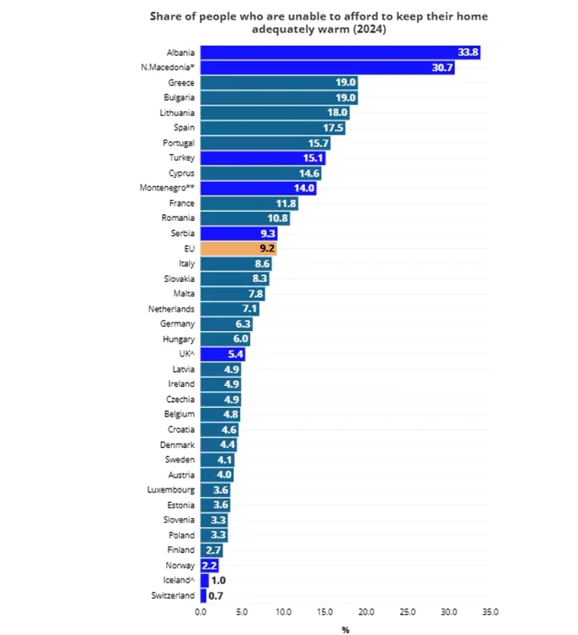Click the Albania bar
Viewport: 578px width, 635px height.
click(x=339, y=52)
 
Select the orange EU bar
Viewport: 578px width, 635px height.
click(x=238, y=249)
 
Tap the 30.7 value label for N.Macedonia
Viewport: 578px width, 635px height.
click(x=442, y=68)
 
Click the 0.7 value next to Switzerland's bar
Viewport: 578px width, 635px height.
click(x=215, y=596)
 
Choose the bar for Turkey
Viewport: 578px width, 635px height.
click(x=263, y=158)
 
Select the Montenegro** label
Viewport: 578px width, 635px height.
click(x=167, y=188)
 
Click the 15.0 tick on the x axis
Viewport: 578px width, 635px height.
click(x=325, y=611)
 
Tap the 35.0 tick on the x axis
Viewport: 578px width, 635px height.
click(x=490, y=611)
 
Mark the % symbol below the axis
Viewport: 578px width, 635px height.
click(x=345, y=629)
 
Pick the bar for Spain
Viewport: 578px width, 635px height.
click(x=272, y=128)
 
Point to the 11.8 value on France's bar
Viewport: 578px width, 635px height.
click(x=286, y=204)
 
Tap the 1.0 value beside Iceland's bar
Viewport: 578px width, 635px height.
click(x=218, y=581)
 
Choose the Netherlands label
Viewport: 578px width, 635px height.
click(x=171, y=310)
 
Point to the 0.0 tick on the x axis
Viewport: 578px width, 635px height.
click(x=201, y=611)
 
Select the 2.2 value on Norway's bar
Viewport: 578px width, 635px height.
click(x=210, y=566)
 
